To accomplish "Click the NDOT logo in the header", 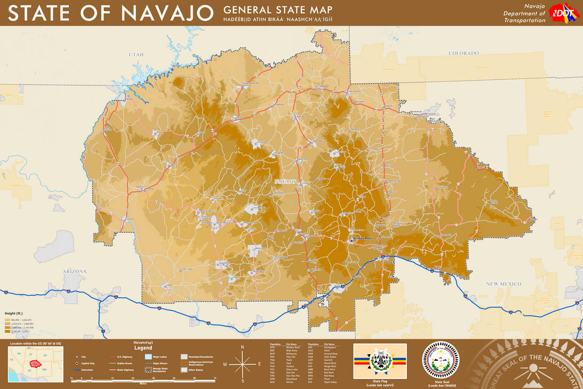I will pyautogui.click(x=563, y=12).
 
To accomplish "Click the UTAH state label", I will pyautogui.click(x=136, y=55).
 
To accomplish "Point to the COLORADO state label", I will pyautogui.click(x=463, y=53).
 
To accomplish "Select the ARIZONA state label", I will pyautogui.click(x=75, y=272).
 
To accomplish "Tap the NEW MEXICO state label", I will pyautogui.click(x=503, y=284).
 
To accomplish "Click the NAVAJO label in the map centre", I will pyautogui.click(x=285, y=182).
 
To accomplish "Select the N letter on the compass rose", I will pyautogui.click(x=242, y=347).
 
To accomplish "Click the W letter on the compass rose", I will pyautogui.click(x=225, y=364).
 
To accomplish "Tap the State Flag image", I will pyautogui.click(x=380, y=361).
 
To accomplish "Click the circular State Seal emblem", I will pyautogui.click(x=440, y=360).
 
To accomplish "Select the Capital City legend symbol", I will pyautogui.click(x=77, y=363).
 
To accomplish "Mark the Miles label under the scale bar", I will pyautogui.click(x=143, y=383).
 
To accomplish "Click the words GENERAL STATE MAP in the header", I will pyautogui.click(x=278, y=10).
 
